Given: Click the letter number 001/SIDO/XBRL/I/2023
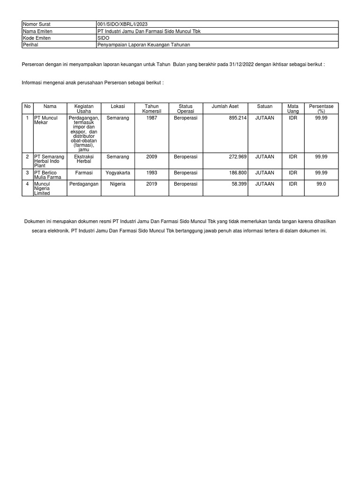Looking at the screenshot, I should pos(122,24).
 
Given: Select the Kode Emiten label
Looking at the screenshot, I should pos(37,37).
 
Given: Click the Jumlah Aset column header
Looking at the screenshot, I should pos(225,106).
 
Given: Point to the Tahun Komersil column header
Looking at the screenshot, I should pos(151,109).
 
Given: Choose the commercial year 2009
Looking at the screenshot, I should pos(151,156).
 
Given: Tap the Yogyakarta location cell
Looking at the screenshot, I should pos(118,172).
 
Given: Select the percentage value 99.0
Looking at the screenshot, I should pos(321,184).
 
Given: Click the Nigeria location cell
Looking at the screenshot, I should pos(118,184).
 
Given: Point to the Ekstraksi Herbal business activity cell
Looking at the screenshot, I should pos(84,159).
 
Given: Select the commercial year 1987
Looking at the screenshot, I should pos(151,118).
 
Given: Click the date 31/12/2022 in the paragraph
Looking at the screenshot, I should pos(242,64).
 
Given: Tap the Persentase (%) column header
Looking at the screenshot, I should pos(321,109).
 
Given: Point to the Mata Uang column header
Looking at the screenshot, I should pos(293,109).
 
